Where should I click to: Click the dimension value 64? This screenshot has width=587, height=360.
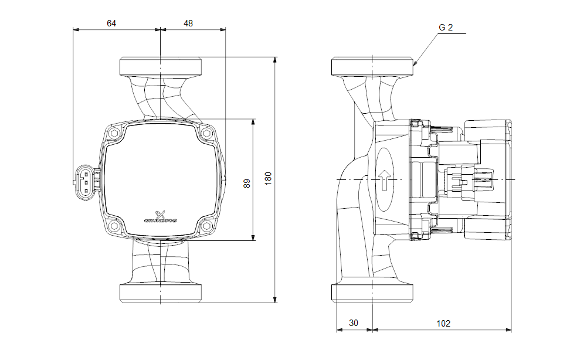tap(111, 23)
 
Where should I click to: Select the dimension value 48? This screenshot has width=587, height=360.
tap(188, 23)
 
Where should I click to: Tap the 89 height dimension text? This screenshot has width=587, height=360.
tap(247, 183)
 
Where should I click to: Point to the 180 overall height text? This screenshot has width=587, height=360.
tap(269, 179)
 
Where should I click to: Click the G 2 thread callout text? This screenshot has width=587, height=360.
tap(446, 28)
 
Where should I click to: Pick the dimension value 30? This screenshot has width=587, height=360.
tap(354, 323)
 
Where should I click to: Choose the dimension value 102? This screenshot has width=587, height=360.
tap(444, 323)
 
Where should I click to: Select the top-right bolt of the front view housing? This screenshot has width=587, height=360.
tap(206, 134)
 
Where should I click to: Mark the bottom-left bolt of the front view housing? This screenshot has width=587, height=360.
tap(114, 226)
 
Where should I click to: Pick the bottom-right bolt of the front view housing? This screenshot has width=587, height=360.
tap(206, 226)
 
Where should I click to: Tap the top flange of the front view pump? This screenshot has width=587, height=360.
tap(161, 66)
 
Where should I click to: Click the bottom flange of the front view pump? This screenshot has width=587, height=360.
tap(161, 293)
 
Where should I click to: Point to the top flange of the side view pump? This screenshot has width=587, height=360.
tap(373, 66)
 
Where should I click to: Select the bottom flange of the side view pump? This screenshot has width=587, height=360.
tap(373, 293)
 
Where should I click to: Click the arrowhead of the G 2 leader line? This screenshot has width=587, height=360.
tap(415, 62)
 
